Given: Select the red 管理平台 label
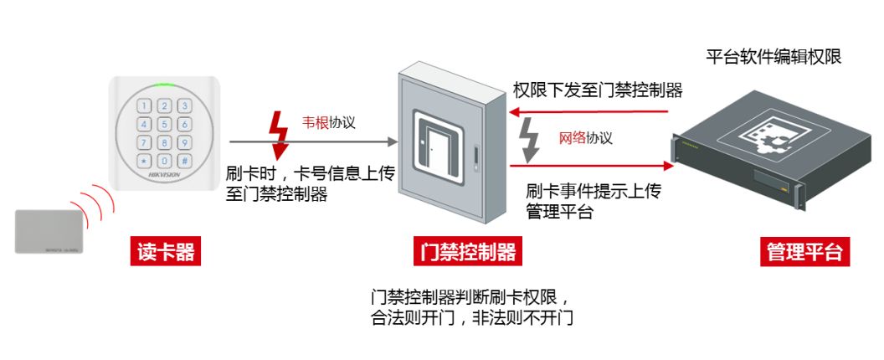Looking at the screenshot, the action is point(804,252).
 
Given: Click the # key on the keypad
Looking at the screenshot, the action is point(183,160).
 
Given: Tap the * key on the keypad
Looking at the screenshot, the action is point(145,160).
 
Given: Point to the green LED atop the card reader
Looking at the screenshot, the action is point(164,85).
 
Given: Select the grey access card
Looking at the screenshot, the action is point(48,230).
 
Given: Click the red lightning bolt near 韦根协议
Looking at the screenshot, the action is point(277,134).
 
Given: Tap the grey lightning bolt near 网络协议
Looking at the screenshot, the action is point(530,140).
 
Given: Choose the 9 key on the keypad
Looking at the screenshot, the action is point(183,142).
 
